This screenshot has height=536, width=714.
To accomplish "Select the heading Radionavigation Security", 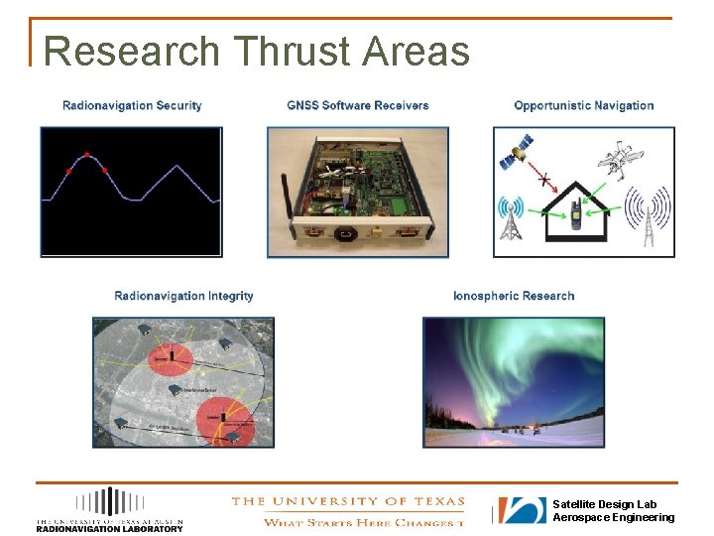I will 132,105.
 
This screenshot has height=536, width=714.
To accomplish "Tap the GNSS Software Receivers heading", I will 358,105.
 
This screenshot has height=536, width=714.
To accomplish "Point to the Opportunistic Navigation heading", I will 584,105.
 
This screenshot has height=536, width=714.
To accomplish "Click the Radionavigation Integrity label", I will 183,296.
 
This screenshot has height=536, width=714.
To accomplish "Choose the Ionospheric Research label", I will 514,296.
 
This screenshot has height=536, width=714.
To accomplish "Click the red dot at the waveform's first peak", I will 87,155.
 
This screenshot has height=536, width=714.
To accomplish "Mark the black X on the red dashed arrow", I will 543,179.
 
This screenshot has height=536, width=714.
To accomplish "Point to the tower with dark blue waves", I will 646,218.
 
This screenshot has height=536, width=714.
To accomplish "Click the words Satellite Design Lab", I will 604,504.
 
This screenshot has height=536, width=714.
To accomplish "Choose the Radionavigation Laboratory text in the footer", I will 109,528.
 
